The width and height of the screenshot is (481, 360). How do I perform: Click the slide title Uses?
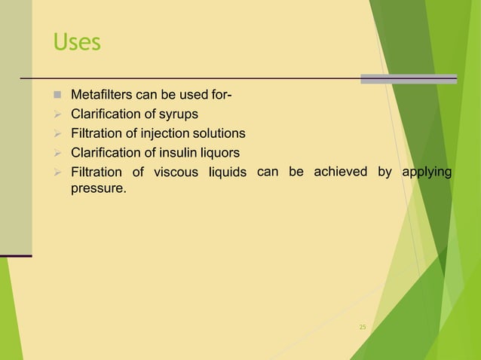(76, 42)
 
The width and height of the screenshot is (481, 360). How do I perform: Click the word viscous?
(176, 172)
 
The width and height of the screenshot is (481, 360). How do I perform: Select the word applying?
(426, 172)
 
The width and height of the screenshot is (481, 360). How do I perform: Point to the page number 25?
(362, 328)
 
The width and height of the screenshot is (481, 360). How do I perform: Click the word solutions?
(218, 133)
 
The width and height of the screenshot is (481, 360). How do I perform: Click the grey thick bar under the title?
(409, 78)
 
